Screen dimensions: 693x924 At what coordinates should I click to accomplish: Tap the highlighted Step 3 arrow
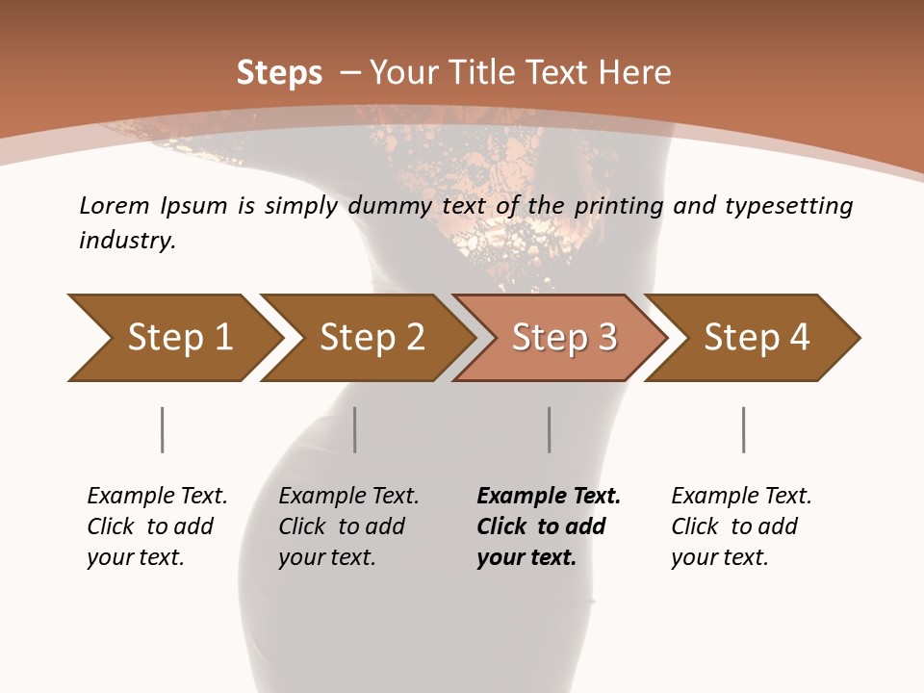(x=563, y=338)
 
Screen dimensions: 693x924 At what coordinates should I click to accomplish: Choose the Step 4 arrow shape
(x=756, y=338)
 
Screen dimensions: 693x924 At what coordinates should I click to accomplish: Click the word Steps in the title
(x=279, y=73)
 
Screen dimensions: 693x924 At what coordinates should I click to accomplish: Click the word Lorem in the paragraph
(x=115, y=206)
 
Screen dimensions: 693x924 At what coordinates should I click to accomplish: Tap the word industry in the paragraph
(x=127, y=241)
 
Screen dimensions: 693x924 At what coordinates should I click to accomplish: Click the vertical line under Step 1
(x=163, y=429)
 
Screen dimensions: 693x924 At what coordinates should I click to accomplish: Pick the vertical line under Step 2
(x=355, y=429)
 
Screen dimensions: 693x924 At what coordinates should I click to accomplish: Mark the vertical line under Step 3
(x=550, y=429)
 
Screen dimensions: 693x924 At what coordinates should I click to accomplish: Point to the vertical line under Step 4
(x=744, y=429)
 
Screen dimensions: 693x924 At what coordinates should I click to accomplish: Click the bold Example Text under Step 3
(x=549, y=497)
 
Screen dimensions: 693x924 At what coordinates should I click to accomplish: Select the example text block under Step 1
(x=157, y=526)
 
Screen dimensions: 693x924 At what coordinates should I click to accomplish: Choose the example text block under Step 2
(x=348, y=526)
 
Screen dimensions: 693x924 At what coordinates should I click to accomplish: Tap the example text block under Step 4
(x=741, y=526)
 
